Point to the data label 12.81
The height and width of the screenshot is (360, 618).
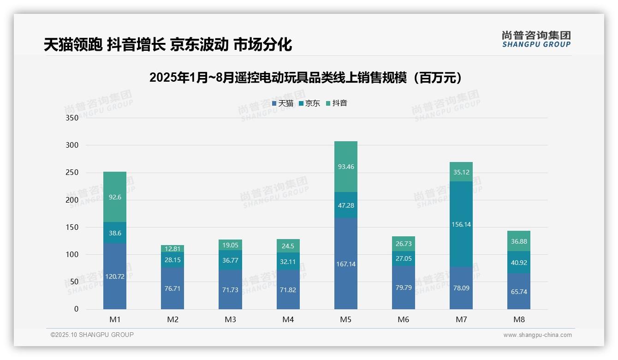pos(172,249)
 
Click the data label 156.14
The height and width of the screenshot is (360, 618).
pos(461,224)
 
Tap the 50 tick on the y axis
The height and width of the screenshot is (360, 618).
pos(75,282)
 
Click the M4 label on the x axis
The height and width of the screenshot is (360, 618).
pos(288,319)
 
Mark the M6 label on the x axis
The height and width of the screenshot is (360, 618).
pos(403,319)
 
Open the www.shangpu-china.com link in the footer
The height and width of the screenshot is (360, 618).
pos(537,335)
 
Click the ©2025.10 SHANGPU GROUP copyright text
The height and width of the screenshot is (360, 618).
pos(92,335)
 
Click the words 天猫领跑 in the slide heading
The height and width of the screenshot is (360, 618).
pos(73,45)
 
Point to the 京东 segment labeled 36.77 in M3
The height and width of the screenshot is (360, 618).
pos(230,260)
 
